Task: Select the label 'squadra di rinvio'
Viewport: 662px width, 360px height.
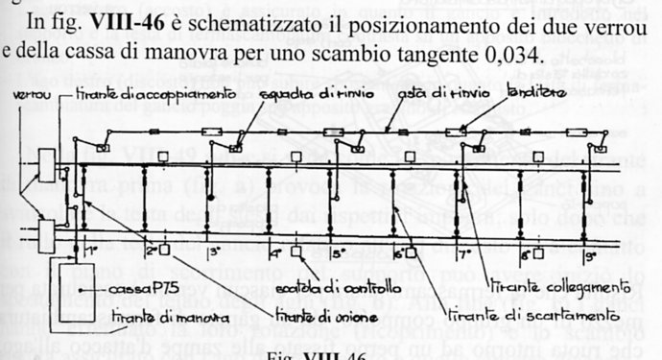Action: coord(299,95)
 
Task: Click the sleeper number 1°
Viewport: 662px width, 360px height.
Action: coord(93,251)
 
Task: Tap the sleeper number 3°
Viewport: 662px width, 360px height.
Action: coord(217,252)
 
